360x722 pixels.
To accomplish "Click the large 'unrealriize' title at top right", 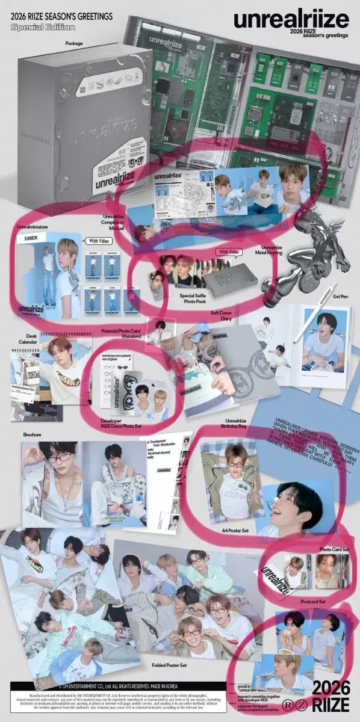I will click(x=291, y=19).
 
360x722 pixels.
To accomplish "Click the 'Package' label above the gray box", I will click(x=73, y=43).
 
